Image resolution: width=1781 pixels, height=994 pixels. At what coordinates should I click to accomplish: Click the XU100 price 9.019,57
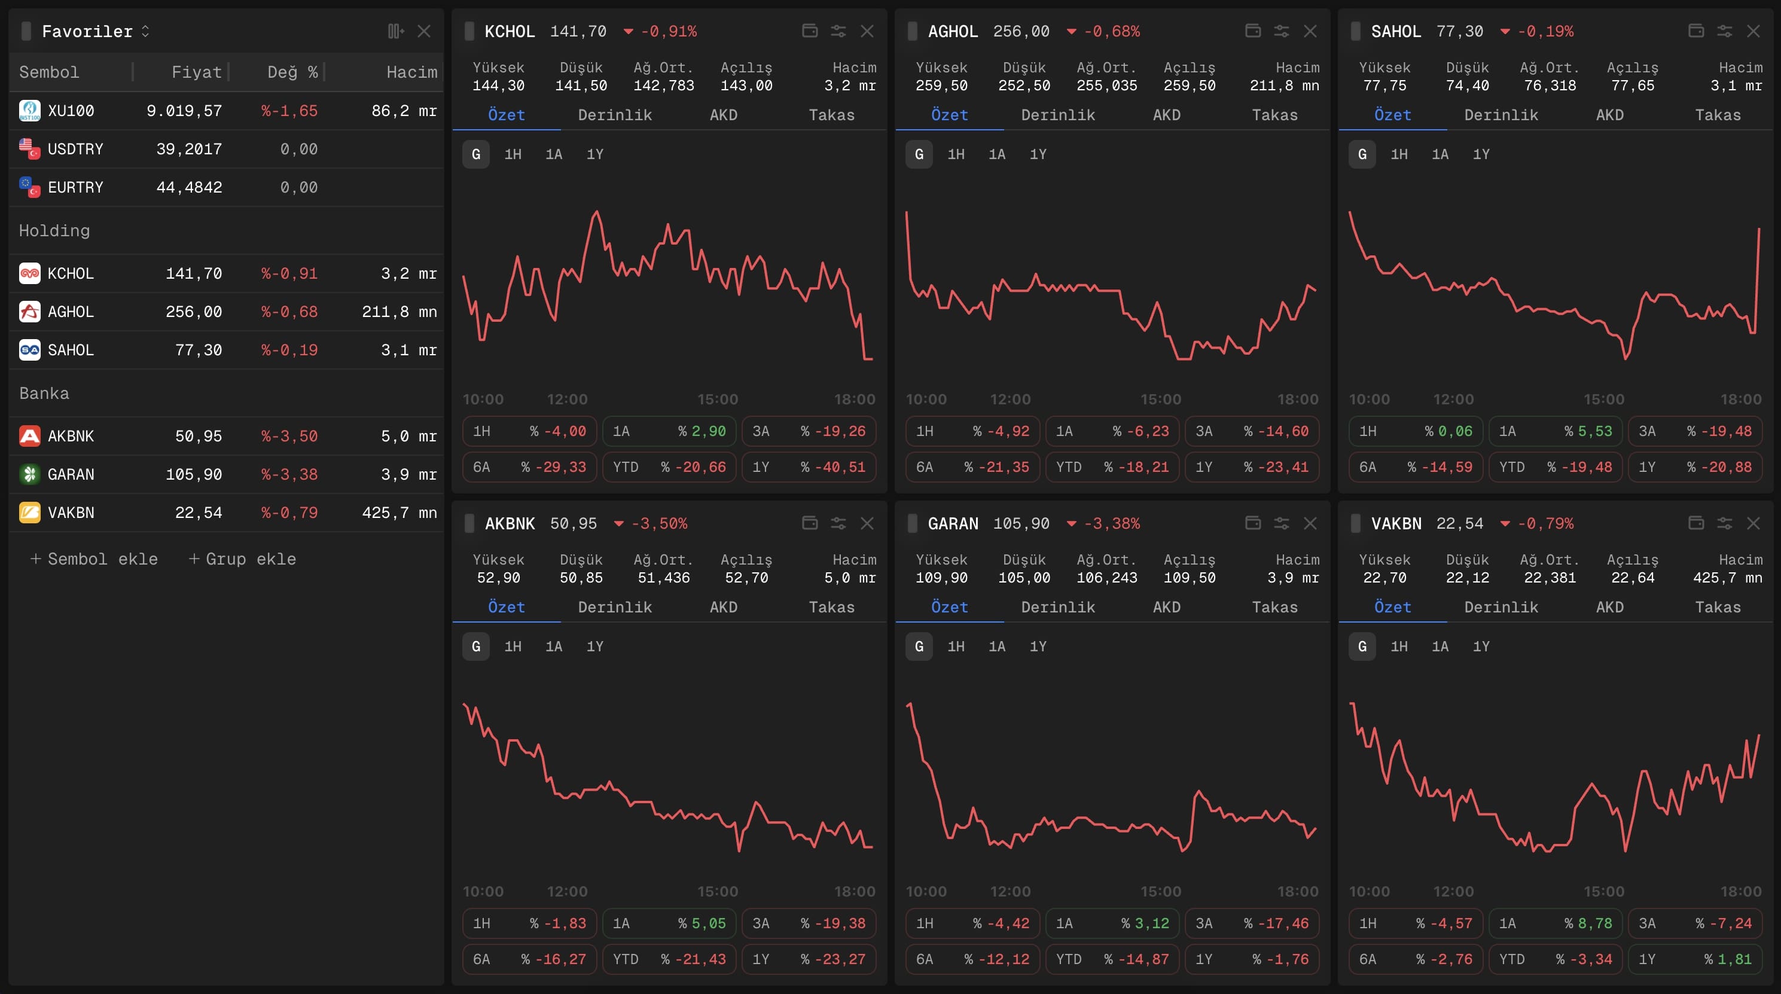pos(184,111)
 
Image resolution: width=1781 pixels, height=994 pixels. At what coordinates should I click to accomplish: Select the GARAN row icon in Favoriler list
pos(29,474)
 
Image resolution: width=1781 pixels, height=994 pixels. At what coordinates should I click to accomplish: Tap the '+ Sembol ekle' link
pos(94,559)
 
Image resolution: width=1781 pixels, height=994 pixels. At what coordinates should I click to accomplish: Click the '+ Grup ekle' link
pos(243,559)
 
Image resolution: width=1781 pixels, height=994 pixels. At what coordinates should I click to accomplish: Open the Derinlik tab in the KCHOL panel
pos(615,115)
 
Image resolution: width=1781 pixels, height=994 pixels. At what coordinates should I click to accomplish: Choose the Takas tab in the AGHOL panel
pos(1274,115)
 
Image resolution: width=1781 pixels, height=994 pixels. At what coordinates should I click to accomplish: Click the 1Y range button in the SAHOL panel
pos(1481,154)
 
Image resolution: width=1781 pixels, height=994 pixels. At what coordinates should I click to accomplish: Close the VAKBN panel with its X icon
pos(1753,523)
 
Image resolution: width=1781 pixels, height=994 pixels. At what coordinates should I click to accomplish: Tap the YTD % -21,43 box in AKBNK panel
pos(669,959)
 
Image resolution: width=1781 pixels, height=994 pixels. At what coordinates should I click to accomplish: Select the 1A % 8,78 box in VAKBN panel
pos(1555,923)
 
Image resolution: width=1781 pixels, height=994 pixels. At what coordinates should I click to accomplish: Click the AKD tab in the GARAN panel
pos(1166,607)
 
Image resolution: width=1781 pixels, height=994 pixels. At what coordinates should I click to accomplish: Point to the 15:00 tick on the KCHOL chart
pos(717,399)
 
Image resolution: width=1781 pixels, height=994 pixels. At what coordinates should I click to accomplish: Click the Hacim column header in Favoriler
pos(411,72)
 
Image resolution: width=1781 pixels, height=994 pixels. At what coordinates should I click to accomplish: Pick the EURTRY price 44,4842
pos(189,187)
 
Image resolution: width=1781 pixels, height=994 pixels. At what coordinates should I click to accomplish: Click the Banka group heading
pos(44,394)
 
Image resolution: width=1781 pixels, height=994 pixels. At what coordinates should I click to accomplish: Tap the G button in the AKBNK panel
pos(475,647)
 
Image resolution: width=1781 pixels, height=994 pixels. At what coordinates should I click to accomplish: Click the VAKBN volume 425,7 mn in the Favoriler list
pos(399,512)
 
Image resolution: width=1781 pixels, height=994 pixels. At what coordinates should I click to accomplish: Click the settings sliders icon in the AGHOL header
pos(1281,31)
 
